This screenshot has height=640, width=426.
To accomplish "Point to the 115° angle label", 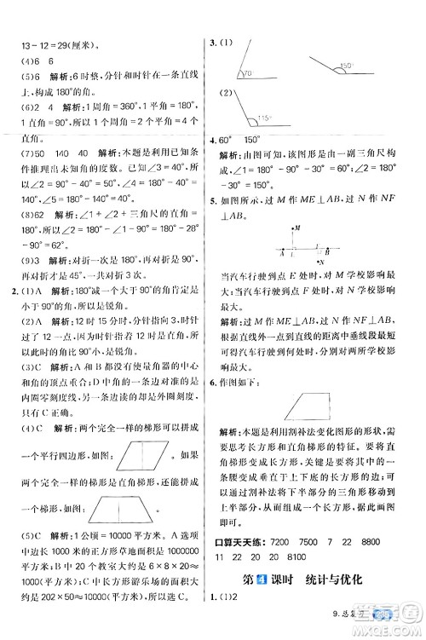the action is (x=245, y=118).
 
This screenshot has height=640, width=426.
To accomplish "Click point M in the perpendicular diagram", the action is (x=292, y=229).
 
